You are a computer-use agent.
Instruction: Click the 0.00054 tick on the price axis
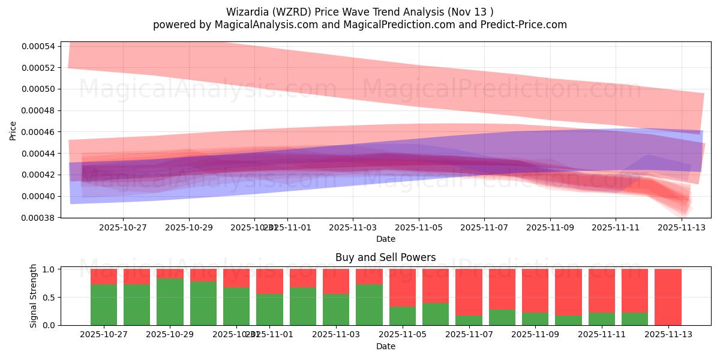[x=38, y=46]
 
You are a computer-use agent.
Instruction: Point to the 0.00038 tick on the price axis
[x=38, y=218]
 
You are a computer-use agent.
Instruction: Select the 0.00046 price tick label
[x=38, y=132]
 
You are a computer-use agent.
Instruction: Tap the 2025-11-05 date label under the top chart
[x=418, y=227]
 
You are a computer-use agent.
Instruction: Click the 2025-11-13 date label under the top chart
[x=681, y=227]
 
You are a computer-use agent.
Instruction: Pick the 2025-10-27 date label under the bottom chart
[x=104, y=335]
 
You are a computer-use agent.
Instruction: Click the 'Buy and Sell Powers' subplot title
[x=385, y=257]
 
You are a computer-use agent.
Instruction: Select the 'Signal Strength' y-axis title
[x=34, y=296]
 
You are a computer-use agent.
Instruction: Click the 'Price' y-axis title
[x=13, y=130]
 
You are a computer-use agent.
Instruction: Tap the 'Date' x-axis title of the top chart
[x=385, y=239]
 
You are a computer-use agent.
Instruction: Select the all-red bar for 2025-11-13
[x=668, y=297]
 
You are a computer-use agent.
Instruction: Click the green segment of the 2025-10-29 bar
[x=170, y=302]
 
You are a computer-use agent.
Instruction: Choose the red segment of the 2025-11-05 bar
[x=402, y=288]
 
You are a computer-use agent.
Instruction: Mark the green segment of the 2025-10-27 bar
[x=104, y=305]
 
